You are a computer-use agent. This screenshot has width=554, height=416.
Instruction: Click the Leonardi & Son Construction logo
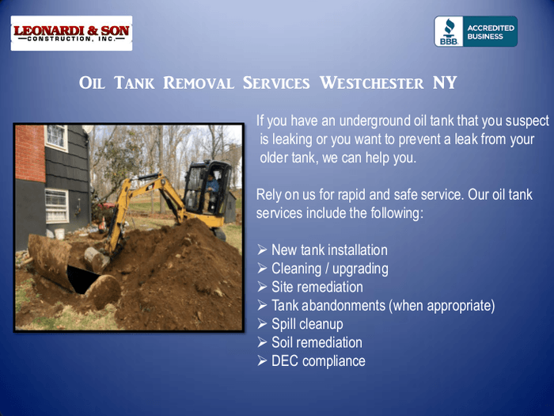tap(71, 33)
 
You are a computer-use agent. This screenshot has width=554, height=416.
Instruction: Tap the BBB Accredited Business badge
tap(476, 32)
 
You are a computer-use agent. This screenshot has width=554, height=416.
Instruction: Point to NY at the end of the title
tap(445, 83)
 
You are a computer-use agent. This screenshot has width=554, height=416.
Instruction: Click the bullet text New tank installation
tap(329, 250)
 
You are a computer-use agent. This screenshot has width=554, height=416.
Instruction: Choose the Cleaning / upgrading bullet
tap(329, 269)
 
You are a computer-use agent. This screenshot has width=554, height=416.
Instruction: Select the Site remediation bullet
tap(317, 287)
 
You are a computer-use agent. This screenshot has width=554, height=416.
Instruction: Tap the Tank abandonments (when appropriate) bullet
tap(383, 306)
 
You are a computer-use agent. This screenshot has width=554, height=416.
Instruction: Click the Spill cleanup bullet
tap(307, 324)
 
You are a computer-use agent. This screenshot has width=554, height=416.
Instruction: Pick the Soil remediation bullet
tap(317, 342)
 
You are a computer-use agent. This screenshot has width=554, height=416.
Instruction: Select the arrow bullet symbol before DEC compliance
tap(263, 361)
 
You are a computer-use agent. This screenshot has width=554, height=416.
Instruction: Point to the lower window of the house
tap(56, 205)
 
